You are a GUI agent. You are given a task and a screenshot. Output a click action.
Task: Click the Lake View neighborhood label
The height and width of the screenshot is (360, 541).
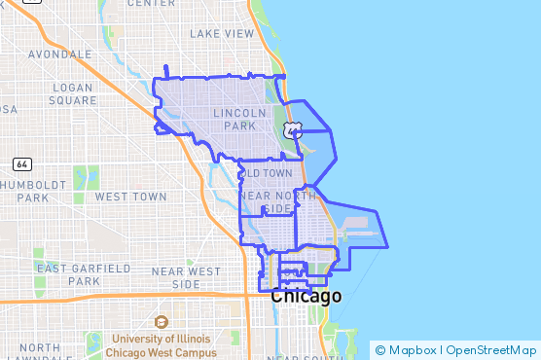click(222, 33)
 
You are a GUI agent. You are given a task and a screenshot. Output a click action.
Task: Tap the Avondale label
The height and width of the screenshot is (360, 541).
click(60, 54)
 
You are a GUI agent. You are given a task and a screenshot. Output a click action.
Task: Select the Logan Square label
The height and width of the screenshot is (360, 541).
click(73, 93)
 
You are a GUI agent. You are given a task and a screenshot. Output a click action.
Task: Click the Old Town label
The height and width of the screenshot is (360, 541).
click(271, 173)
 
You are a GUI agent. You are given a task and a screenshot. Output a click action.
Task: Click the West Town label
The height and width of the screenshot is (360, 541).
click(130, 197)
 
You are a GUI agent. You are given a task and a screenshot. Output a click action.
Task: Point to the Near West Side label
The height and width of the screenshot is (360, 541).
click(186, 277)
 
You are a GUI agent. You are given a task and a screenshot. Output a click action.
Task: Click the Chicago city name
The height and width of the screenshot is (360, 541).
click(307, 296)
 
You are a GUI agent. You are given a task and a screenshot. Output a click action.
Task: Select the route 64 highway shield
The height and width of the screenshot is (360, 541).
click(22, 163)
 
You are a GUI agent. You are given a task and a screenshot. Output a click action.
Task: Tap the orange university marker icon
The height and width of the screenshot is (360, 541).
click(162, 321)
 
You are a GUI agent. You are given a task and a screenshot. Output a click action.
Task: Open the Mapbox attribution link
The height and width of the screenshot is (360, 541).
click(415, 350)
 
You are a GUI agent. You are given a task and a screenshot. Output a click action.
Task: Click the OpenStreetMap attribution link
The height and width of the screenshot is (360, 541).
click(494, 350)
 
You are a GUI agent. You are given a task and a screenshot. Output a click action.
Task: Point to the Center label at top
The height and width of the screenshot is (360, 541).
click(152, 4)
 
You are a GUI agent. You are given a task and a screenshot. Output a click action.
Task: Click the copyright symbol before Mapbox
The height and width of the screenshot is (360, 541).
click(380, 350)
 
